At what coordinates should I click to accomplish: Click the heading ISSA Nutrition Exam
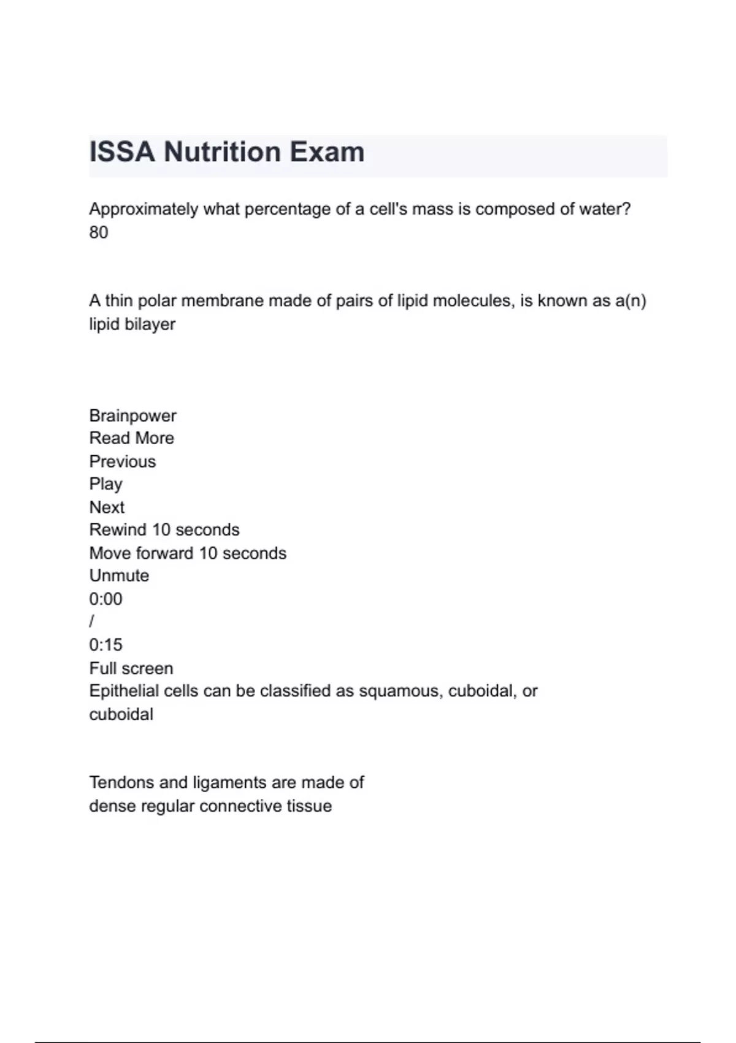tap(227, 152)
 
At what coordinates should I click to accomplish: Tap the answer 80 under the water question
tap(99, 233)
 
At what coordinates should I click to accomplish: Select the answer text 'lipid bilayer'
tap(132, 324)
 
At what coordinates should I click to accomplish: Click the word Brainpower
tap(132, 415)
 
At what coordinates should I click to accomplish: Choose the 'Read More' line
tap(131, 438)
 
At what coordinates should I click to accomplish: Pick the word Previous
tap(123, 461)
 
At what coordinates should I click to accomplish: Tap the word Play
tap(105, 484)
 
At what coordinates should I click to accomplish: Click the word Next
tap(107, 507)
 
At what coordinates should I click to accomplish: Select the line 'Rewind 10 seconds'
tap(164, 529)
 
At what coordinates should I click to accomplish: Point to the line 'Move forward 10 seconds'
tap(188, 553)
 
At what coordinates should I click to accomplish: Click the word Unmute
tap(119, 575)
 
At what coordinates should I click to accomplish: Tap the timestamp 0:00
tap(105, 599)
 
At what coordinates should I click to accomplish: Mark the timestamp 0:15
tap(105, 645)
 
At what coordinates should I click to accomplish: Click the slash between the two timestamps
tap(92, 622)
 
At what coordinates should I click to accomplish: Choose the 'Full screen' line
tap(131, 668)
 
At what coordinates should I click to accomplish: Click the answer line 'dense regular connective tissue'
tap(210, 806)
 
